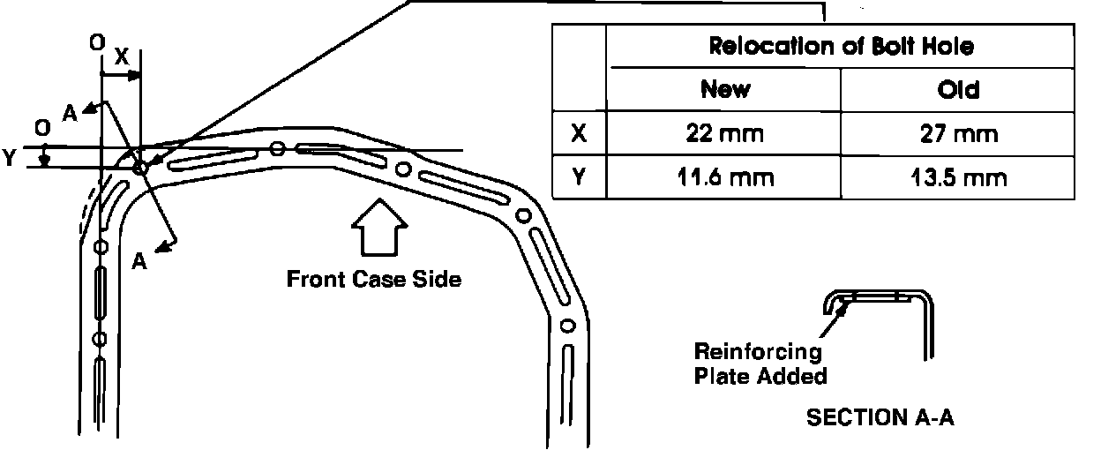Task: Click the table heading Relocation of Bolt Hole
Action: (841, 47)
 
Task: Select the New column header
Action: (724, 89)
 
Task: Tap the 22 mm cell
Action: (724, 134)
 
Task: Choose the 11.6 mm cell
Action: (724, 178)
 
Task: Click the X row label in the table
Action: (579, 134)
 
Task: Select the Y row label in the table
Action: (579, 178)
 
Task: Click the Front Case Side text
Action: (374, 280)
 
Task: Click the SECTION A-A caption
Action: (880, 417)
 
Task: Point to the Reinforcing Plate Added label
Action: (759, 364)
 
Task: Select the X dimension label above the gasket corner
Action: (122, 55)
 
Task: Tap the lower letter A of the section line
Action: (139, 261)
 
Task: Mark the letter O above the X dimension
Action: (96, 41)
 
